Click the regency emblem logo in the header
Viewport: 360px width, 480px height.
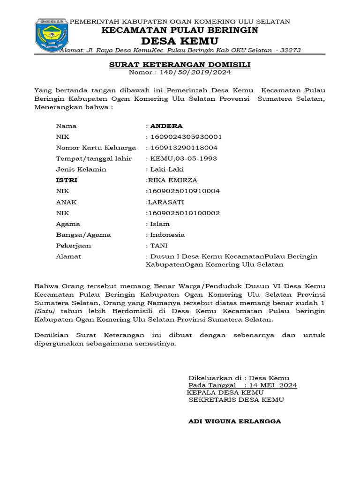52,35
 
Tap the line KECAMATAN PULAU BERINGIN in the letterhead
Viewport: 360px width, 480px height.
180,30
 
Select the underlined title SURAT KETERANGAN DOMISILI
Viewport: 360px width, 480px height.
180,64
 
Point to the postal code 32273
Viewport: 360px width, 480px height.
290,50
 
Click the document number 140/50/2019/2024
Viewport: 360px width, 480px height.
195,72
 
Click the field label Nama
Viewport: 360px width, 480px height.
66,126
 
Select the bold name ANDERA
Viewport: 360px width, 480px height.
166,126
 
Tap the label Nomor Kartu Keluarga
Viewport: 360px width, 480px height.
90,148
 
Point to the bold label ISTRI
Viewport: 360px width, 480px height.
67,180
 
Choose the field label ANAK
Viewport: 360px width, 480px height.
66,202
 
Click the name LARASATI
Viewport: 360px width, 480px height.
165,202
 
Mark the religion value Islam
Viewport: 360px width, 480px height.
160,224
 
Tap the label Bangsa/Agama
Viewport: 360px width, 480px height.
83,234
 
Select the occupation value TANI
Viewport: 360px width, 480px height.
159,246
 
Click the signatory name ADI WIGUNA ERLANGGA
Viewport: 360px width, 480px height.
234,421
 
